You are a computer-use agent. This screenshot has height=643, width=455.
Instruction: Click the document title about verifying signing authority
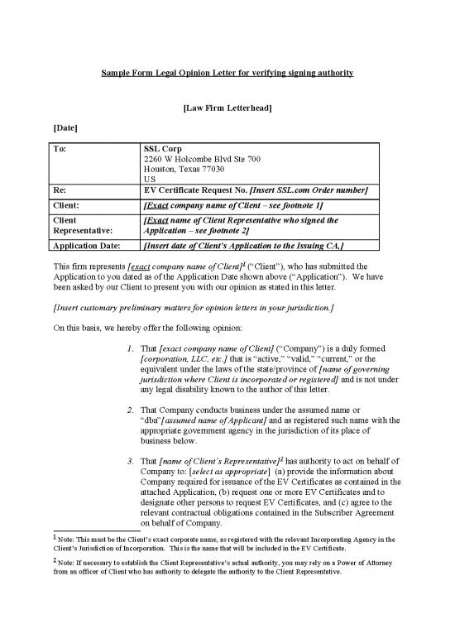coord(227,74)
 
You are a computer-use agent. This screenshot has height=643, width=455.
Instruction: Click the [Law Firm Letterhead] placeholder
coord(227,108)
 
